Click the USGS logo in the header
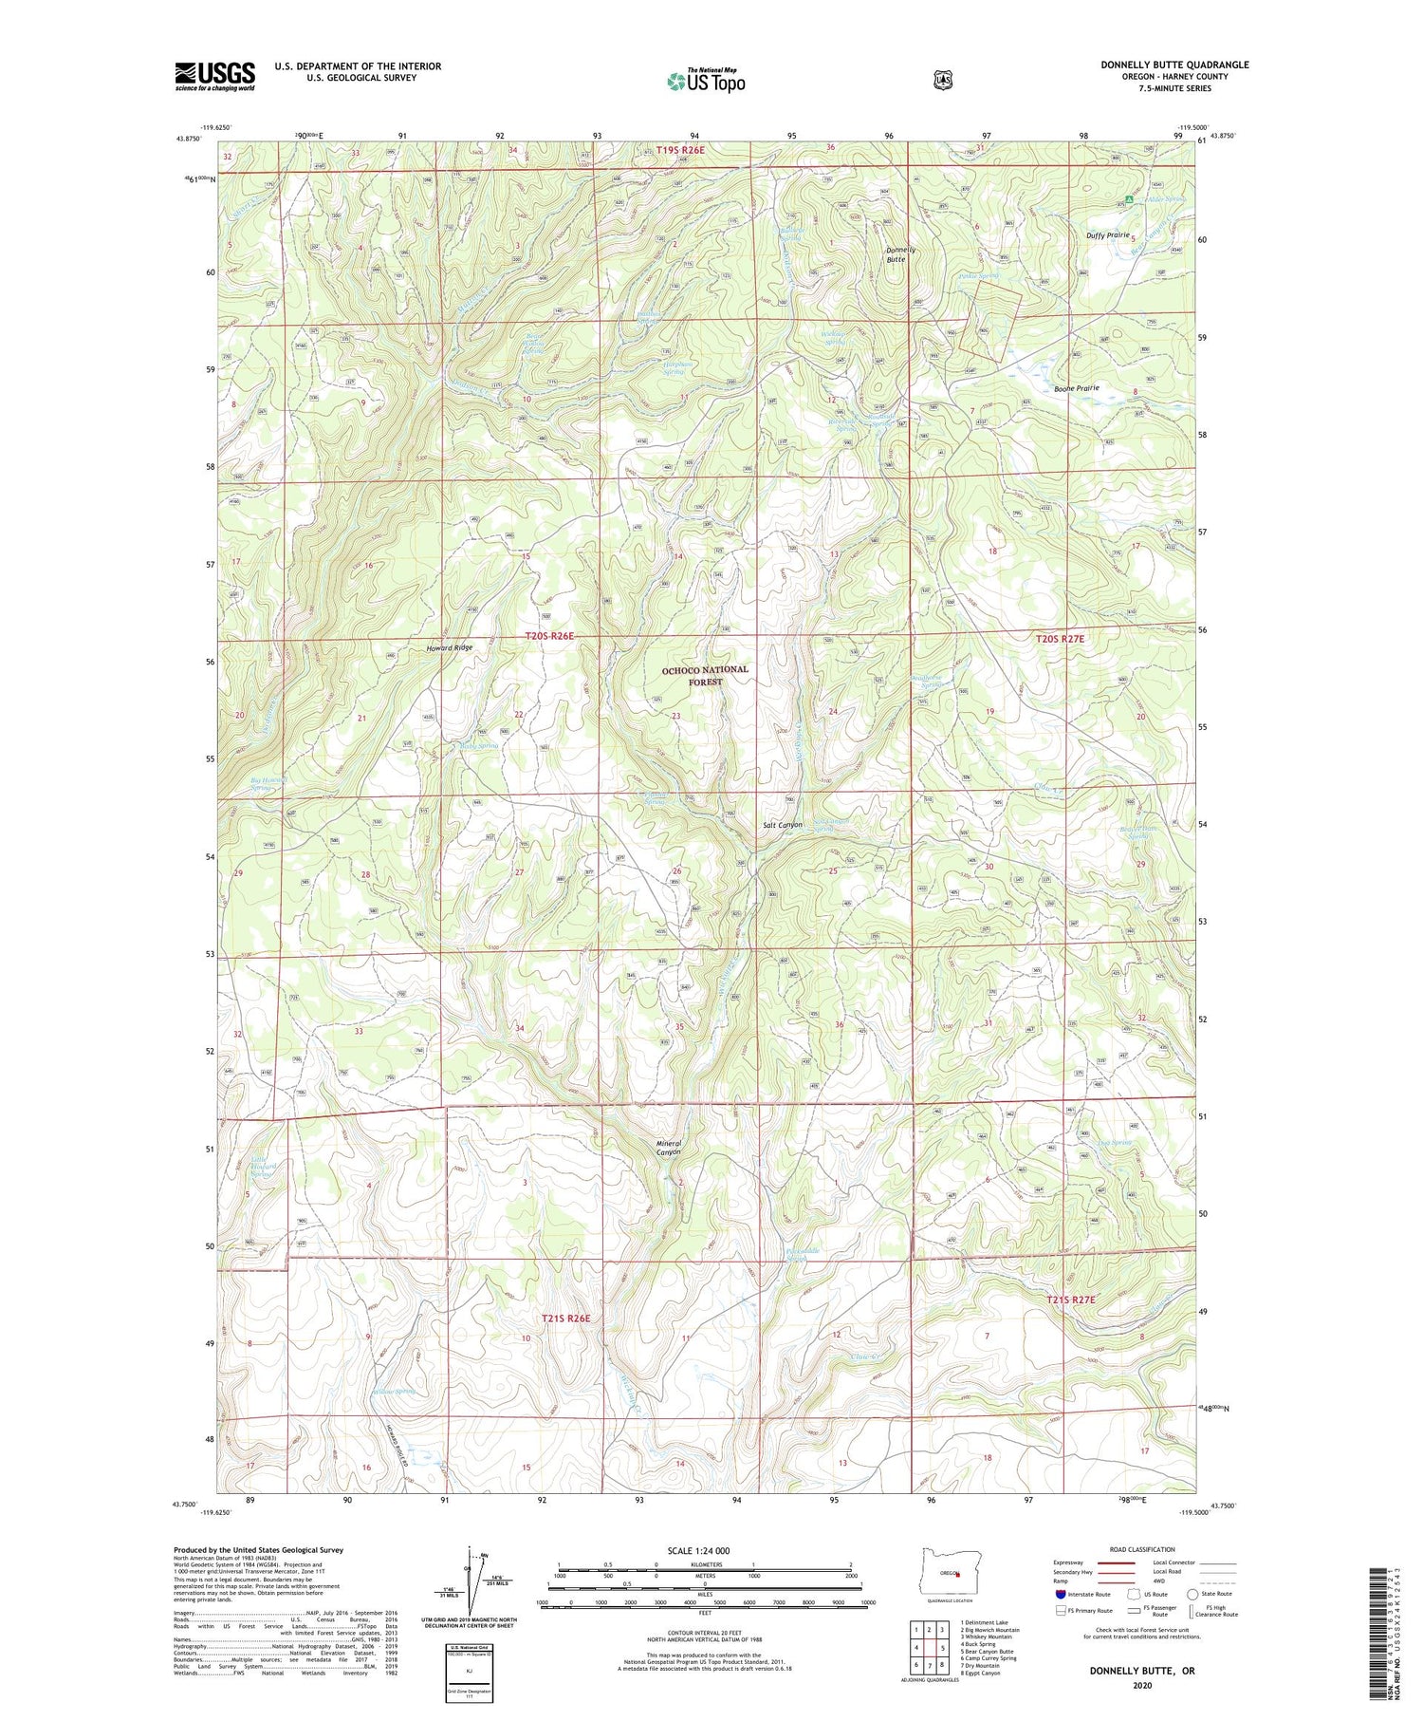tap(214, 76)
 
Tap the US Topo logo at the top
tap(706, 81)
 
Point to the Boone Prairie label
tap(1076, 388)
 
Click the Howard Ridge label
tap(449, 647)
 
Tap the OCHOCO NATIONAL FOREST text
tap(705, 675)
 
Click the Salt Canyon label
tap(783, 825)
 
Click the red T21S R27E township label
tap(1071, 1300)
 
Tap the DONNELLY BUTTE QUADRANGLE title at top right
tap(1174, 65)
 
